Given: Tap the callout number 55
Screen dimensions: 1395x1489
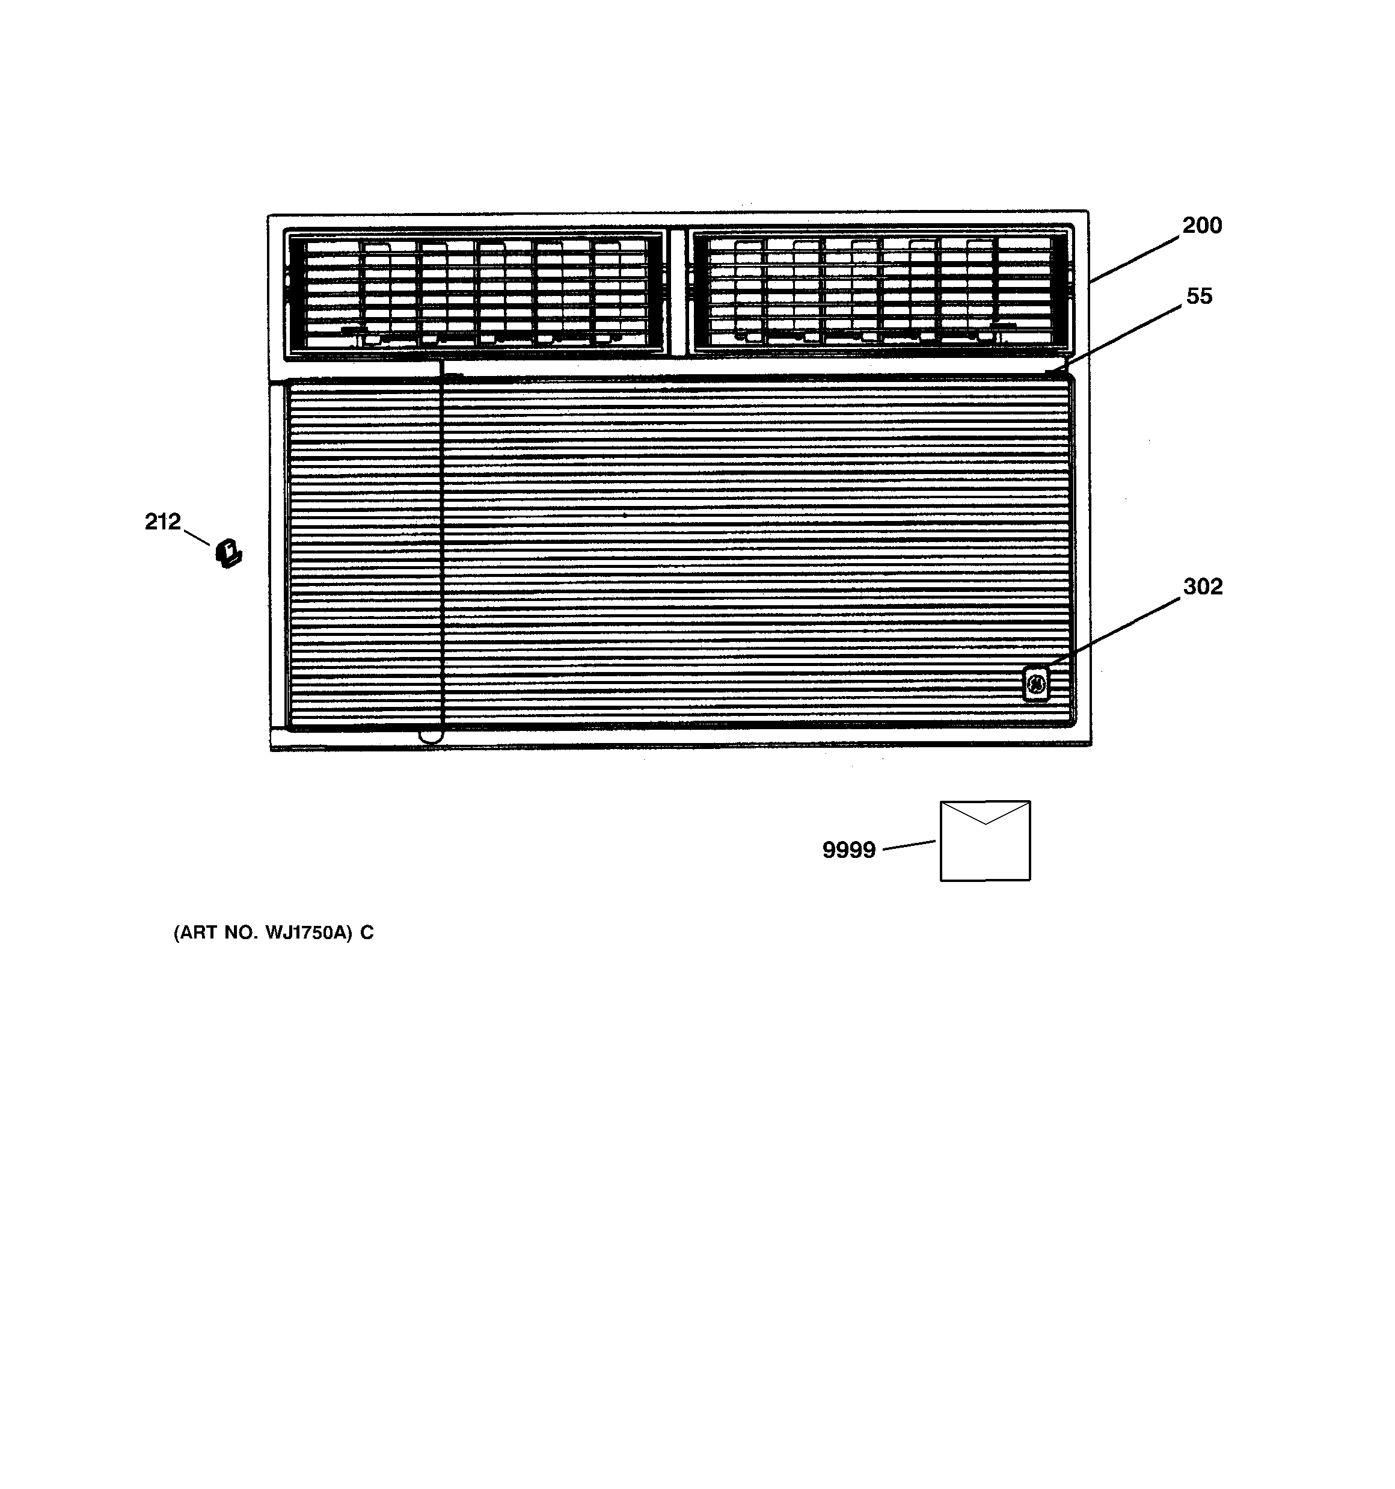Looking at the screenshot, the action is (x=1199, y=297).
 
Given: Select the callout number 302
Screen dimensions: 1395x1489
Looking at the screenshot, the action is (x=1203, y=587).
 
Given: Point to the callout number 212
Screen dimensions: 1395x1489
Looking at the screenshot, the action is (x=162, y=521).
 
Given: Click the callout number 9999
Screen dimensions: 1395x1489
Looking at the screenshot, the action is (x=848, y=850).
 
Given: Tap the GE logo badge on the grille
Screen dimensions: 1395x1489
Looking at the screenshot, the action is (x=1035, y=685).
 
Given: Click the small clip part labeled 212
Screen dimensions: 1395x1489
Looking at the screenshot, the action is (x=228, y=553).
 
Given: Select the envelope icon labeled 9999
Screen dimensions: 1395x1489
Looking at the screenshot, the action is (x=985, y=840).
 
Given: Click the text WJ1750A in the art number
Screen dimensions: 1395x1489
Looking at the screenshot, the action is (x=307, y=933).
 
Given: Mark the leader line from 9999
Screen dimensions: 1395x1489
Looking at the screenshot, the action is (x=909, y=846).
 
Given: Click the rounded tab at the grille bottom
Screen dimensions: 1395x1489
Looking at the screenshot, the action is (x=431, y=737).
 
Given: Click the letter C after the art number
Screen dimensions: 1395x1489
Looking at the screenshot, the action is (x=366, y=933).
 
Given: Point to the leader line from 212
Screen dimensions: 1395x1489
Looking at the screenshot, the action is (x=196, y=537).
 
